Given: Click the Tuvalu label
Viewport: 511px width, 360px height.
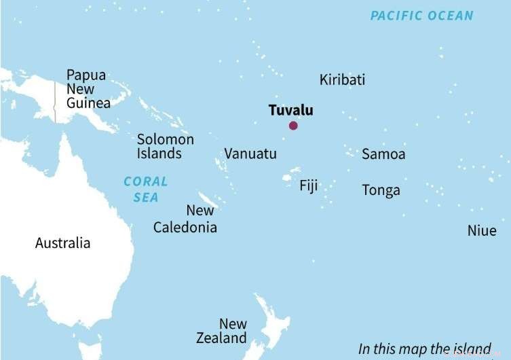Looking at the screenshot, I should [x=290, y=110].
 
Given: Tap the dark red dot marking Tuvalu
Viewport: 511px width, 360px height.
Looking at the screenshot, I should [x=293, y=126].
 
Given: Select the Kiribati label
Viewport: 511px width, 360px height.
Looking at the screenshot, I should [x=342, y=80].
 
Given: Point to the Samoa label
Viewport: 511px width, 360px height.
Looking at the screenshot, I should [x=383, y=154].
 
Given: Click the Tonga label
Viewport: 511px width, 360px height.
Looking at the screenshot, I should [x=381, y=190].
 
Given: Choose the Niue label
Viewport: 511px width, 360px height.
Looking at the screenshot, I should [x=482, y=231].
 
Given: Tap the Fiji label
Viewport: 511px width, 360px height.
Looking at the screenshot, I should [x=308, y=185].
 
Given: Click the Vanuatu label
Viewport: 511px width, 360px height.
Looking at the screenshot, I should [x=250, y=154].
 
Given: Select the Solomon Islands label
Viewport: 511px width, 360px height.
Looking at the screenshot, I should [x=165, y=146].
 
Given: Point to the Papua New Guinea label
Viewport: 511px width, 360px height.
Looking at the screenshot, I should [x=88, y=89].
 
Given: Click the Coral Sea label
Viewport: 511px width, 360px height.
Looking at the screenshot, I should [x=145, y=189].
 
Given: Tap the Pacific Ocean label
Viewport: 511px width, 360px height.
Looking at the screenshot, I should [x=421, y=16].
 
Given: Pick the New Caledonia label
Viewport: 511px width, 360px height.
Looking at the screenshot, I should [x=185, y=219].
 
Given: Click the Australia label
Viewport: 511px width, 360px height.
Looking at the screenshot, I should [x=62, y=243].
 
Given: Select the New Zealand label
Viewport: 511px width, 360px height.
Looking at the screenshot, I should [x=222, y=331].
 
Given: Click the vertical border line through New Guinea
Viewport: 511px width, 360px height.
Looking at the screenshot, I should [x=55, y=102].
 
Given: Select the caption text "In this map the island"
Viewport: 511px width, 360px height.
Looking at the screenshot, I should [x=424, y=349].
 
